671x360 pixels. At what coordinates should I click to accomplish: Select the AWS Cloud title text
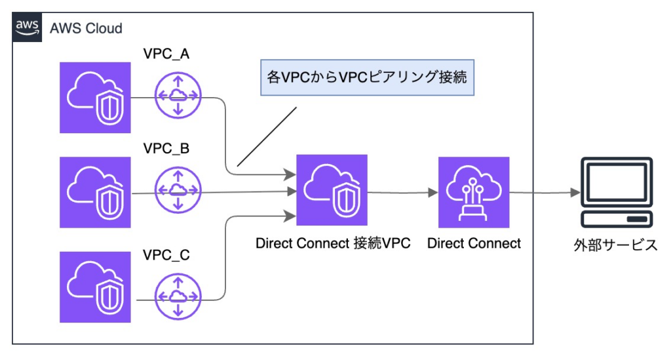pyautogui.click(x=86, y=28)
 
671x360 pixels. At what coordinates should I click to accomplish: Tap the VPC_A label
pyautogui.click(x=166, y=54)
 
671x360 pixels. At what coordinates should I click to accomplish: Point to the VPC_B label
pyautogui.click(x=166, y=149)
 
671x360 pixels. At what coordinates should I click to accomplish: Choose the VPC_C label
pyautogui.click(x=166, y=254)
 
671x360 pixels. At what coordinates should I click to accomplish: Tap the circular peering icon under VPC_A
pyautogui.click(x=177, y=96)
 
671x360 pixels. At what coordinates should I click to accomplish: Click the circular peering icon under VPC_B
pyautogui.click(x=177, y=191)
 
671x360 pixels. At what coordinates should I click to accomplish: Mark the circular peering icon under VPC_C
pyautogui.click(x=177, y=296)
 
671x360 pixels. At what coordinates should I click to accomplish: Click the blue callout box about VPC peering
pyautogui.click(x=367, y=77)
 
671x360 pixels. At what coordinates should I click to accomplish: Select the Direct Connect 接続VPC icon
pyautogui.click(x=332, y=190)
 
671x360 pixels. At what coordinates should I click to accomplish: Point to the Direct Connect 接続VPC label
pyautogui.click(x=333, y=244)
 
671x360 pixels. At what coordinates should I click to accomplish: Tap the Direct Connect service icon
pyautogui.click(x=474, y=192)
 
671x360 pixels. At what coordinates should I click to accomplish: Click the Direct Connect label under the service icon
pyautogui.click(x=474, y=244)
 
